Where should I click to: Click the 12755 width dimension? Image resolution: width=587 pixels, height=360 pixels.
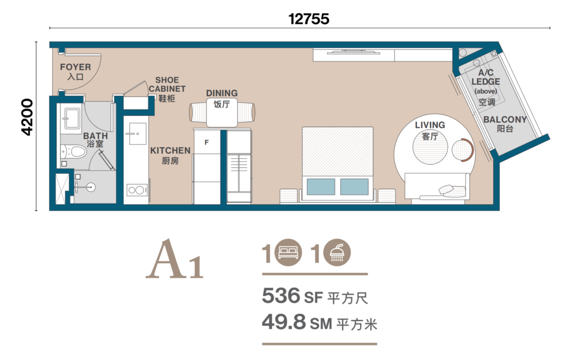pos(309,19)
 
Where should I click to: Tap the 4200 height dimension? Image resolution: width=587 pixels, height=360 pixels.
pos(28,117)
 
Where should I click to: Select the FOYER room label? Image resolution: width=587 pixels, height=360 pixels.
pos(76,67)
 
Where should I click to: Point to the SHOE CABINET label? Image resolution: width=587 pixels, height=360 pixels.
pos(167,85)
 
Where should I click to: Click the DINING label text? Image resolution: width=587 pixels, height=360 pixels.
pos(222,93)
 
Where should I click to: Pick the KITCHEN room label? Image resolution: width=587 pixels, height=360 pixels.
pos(170,150)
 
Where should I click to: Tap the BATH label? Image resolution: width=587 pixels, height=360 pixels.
pos(96,136)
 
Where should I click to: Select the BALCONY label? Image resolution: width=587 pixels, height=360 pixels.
pos(505,120)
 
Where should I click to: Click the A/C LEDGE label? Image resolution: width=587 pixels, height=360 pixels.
pos(486,77)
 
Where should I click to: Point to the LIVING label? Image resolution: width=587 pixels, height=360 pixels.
pos(430,125)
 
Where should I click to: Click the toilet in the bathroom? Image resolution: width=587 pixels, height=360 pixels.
pos(74,152)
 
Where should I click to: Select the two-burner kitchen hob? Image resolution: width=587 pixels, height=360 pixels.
pos(136,190)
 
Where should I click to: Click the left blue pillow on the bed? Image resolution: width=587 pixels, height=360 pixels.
pos(321,186)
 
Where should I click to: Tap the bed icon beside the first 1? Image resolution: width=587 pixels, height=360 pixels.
pos(288,252)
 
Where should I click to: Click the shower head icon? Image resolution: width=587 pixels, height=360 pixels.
pos(337,252)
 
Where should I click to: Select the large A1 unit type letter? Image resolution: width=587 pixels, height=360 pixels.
pos(174,259)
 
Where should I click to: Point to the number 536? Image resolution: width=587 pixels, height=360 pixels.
pos(281,296)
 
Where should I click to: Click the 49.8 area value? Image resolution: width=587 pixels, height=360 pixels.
pos(284,322)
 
